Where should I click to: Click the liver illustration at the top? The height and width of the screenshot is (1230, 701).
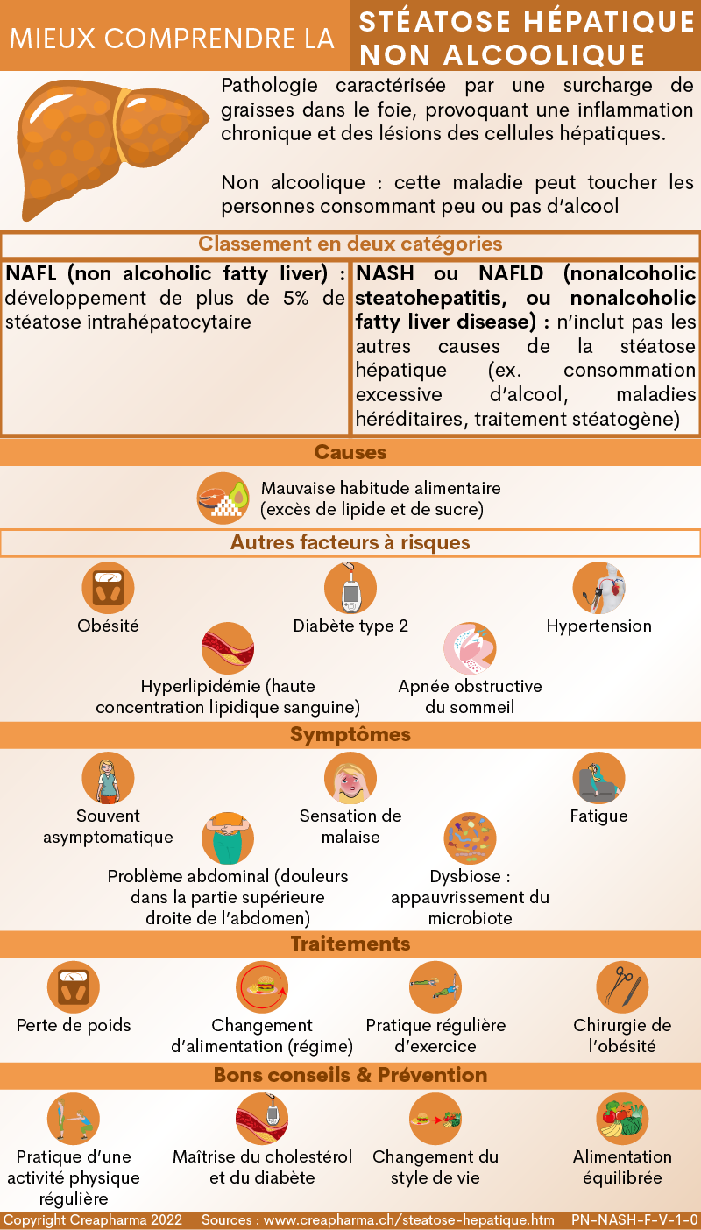[x=113, y=148]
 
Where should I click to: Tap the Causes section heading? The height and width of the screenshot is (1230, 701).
[x=350, y=452]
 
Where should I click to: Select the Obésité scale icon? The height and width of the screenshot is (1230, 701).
[x=109, y=588]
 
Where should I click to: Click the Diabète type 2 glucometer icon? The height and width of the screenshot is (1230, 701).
[x=350, y=588]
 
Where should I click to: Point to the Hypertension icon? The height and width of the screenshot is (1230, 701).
[x=598, y=588]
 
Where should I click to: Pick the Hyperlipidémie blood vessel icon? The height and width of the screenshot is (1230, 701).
[x=228, y=648]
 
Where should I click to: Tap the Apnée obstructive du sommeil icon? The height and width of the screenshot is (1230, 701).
[x=471, y=648]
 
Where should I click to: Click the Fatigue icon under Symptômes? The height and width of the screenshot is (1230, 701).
[x=598, y=778]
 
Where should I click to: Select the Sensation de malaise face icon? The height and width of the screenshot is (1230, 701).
[x=350, y=778]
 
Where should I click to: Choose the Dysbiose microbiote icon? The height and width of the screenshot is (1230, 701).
[x=471, y=838]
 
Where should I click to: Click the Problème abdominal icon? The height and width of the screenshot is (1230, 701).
[x=228, y=838]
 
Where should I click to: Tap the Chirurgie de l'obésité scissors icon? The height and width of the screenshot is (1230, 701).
[x=622, y=987]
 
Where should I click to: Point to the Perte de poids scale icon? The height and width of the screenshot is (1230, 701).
[x=74, y=987]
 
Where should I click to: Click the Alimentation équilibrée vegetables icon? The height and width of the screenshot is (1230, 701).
[x=622, y=1119]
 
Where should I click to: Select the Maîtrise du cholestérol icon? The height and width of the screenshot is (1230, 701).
[x=262, y=1119]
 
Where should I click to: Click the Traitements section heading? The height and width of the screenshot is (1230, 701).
[x=350, y=944]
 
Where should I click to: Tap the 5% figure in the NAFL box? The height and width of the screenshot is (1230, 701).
[x=296, y=298]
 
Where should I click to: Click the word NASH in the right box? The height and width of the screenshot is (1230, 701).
[x=385, y=273]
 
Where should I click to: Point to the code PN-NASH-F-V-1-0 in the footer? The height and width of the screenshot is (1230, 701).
[x=634, y=1219]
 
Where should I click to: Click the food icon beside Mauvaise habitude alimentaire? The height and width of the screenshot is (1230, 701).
[x=223, y=498]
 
